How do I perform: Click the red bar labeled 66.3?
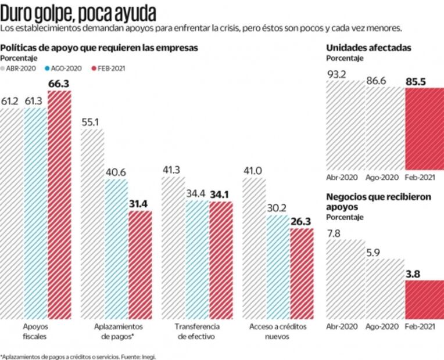point(59,203)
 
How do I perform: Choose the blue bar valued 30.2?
point(277,267)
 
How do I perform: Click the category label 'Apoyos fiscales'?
point(36,332)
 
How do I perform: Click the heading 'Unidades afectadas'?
point(368,48)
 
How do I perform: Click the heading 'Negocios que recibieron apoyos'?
point(378,201)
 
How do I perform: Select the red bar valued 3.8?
point(424,298)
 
